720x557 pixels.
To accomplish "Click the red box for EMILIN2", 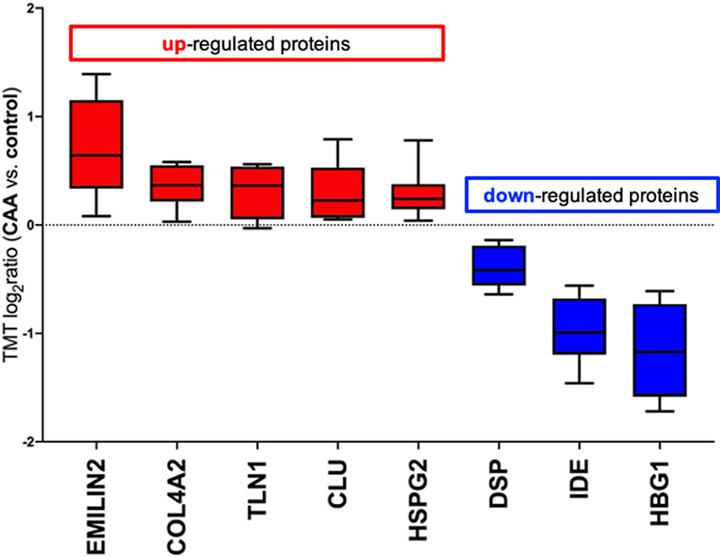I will tap(95, 144).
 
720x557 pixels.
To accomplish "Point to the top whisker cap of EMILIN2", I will tap(95, 74).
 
